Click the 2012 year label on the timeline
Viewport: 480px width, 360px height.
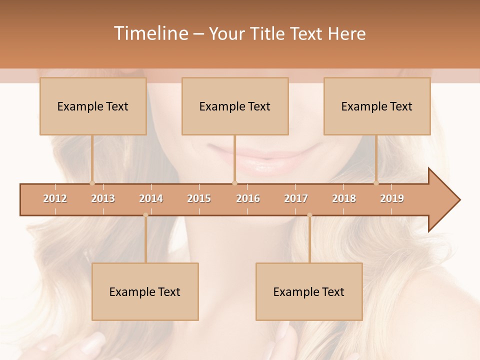(55, 198)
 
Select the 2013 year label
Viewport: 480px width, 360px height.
(103, 198)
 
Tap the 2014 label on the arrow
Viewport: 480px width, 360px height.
(151, 198)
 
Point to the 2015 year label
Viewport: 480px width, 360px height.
(199, 198)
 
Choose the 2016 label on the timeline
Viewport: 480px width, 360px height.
(248, 198)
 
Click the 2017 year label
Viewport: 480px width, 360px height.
(296, 198)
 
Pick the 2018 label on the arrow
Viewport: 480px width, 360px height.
(344, 198)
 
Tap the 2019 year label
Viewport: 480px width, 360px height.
(392, 198)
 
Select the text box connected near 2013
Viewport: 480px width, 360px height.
(93, 106)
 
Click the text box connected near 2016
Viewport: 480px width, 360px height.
(235, 106)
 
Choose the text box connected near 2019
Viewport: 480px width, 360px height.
(377, 106)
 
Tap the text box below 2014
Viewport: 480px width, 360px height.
(145, 291)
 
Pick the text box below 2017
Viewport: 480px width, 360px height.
(309, 291)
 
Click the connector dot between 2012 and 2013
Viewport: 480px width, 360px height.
(92, 183)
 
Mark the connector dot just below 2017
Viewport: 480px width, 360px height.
(309, 215)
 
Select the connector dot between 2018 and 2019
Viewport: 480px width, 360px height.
(376, 183)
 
